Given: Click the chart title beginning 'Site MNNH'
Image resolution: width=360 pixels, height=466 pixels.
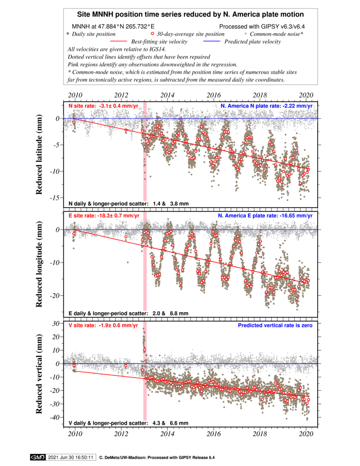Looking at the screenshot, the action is pyautogui.click(x=190, y=14).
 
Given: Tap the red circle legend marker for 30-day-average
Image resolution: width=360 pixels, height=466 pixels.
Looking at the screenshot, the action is pyautogui.click(x=153, y=34).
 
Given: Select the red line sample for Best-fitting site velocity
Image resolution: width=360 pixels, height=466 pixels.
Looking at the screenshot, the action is pyautogui.click(x=118, y=41).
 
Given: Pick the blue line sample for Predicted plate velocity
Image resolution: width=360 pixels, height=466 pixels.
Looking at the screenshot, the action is pyautogui.click(x=212, y=41).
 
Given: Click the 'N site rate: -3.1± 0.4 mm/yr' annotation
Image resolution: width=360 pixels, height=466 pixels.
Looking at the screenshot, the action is pyautogui.click(x=103, y=106).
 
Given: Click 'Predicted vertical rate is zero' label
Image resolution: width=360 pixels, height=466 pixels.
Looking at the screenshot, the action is pyautogui.click(x=275, y=326).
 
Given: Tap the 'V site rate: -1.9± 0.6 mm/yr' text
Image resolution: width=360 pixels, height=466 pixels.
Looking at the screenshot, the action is pyautogui.click(x=103, y=326).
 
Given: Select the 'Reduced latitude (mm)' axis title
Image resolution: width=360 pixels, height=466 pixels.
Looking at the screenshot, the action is pyautogui.click(x=39, y=154).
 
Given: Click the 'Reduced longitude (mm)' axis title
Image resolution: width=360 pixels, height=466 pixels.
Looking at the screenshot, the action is pyautogui.click(x=39, y=264).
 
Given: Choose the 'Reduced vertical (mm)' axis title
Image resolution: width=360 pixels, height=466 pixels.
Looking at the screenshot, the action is pyautogui.click(x=39, y=374).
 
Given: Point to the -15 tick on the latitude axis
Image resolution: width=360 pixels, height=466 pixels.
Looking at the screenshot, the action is pyautogui.click(x=56, y=198).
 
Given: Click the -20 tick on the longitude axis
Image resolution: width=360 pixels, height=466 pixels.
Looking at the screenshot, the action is pyautogui.click(x=56, y=296).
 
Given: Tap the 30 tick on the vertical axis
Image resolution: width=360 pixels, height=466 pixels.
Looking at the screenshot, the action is pyautogui.click(x=56, y=323).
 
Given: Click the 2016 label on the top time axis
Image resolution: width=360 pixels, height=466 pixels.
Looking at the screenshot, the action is pyautogui.click(x=214, y=95).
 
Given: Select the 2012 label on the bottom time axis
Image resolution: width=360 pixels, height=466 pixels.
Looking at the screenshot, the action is pyautogui.click(x=121, y=434).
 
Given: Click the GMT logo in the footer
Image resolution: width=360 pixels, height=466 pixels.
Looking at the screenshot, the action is pyautogui.click(x=38, y=457).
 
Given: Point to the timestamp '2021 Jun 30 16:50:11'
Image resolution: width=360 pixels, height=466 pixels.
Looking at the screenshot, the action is pyautogui.click(x=71, y=457).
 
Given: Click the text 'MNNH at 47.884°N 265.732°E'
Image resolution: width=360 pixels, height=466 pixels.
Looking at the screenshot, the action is pyautogui.click(x=113, y=27).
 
